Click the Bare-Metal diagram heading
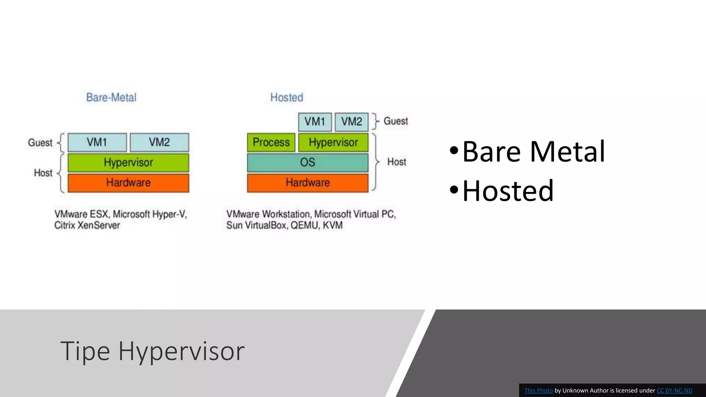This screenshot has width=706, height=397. tap(111, 98)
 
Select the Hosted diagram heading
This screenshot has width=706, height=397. tap(286, 98)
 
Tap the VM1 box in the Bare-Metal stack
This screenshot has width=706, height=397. tap(97, 142)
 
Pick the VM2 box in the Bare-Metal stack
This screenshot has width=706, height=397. tap(159, 142)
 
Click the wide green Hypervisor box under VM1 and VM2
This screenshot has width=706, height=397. tap(128, 163)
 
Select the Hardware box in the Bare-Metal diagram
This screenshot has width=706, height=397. tap(128, 183)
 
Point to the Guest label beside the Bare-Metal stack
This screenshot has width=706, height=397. tap(40, 143)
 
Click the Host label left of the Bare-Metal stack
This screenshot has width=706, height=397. tap(43, 173)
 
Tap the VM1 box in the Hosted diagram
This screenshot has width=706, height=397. tap(315, 122)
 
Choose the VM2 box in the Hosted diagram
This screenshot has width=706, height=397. tap(352, 122)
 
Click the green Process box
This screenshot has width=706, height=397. tap(271, 142)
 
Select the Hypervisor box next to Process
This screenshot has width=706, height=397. tap(333, 142)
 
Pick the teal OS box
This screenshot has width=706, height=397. tap(307, 162)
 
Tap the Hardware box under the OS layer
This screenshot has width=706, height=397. tap(307, 183)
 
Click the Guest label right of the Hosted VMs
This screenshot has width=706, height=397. tap(395, 121)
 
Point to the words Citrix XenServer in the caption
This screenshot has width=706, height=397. tap(87, 225)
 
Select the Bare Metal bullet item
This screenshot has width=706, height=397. tap(533, 152)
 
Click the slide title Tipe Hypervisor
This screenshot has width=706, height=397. tap(152, 351)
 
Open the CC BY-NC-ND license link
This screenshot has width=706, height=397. tap(674, 390)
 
